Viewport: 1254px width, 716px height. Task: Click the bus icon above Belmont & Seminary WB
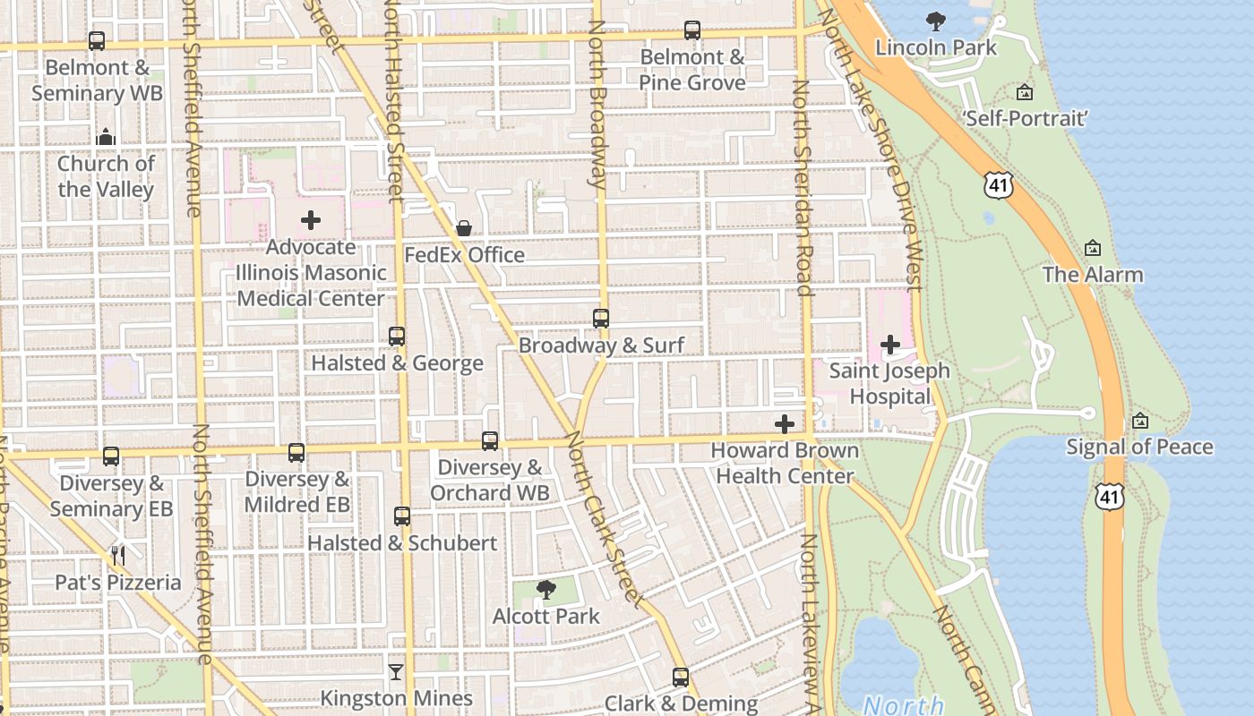pos(97,41)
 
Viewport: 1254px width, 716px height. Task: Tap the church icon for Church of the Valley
pos(106,137)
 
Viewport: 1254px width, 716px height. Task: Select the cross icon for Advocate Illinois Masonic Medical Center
pos(311,220)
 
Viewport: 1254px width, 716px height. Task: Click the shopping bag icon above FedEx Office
pos(464,228)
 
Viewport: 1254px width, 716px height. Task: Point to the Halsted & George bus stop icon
pos(397,337)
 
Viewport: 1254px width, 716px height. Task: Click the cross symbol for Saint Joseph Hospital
pos(890,344)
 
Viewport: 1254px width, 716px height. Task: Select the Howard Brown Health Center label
pos(785,464)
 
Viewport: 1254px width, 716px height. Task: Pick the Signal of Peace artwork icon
pos(1139,420)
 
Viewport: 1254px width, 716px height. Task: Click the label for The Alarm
pos(1093,275)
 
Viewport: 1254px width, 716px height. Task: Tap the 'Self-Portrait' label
pos(1025,118)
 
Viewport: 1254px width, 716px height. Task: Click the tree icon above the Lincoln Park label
pos(936,21)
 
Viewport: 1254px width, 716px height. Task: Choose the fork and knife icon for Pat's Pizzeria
pos(118,556)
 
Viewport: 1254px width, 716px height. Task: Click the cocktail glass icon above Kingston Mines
pos(396,671)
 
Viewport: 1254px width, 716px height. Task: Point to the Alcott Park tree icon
pos(545,589)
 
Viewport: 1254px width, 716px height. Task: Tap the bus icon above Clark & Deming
pos(681,677)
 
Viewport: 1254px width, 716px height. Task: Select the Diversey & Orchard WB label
pos(489,481)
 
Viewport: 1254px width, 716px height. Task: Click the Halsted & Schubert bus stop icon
pos(402,516)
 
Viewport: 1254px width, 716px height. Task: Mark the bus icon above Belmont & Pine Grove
pos(692,30)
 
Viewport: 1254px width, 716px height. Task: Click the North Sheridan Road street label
pos(803,188)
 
